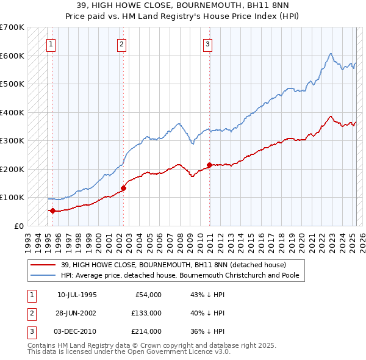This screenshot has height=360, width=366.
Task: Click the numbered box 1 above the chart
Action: pyautogui.click(x=51, y=44)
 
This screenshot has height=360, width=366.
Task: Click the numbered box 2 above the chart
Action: pyautogui.click(x=122, y=44)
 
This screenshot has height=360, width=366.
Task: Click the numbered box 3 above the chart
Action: pyautogui.click(x=208, y=44)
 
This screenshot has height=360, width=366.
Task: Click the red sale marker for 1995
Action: pyautogui.click(x=52, y=211)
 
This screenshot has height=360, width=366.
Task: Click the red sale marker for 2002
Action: pyautogui.click(x=123, y=188)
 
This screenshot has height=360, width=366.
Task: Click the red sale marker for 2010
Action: pyautogui.click(x=209, y=165)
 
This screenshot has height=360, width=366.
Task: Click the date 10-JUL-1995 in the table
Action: pyautogui.click(x=77, y=295)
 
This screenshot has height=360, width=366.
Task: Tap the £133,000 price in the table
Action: pyautogui.click(x=146, y=313)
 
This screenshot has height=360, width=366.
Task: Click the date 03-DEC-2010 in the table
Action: pyautogui.click(x=77, y=331)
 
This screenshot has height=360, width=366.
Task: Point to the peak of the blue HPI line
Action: pyautogui.click(x=330, y=54)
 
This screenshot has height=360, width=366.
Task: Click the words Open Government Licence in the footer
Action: pyautogui.click(x=176, y=351)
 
